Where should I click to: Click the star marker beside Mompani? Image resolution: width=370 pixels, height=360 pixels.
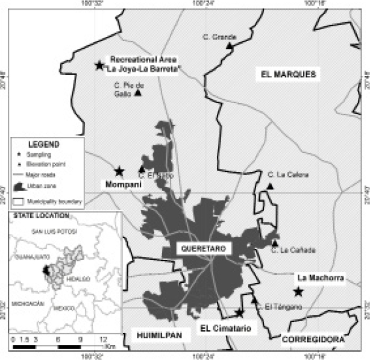(119, 171)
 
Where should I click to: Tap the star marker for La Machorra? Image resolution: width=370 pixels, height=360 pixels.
(298, 292)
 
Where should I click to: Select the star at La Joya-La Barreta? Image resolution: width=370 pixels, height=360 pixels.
(99, 65)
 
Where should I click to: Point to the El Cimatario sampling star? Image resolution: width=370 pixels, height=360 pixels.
(240, 313)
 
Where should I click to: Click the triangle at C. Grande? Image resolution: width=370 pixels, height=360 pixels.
(229, 46)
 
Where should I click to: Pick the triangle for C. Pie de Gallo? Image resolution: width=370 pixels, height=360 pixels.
(137, 92)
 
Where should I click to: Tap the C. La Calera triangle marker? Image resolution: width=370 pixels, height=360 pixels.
(271, 186)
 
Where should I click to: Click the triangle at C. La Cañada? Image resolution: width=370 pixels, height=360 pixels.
(275, 243)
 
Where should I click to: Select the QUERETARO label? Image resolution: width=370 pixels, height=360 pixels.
(194, 248)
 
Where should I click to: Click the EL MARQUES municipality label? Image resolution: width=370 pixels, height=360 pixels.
(287, 74)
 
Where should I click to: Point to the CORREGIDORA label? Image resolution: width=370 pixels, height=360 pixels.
(312, 339)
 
